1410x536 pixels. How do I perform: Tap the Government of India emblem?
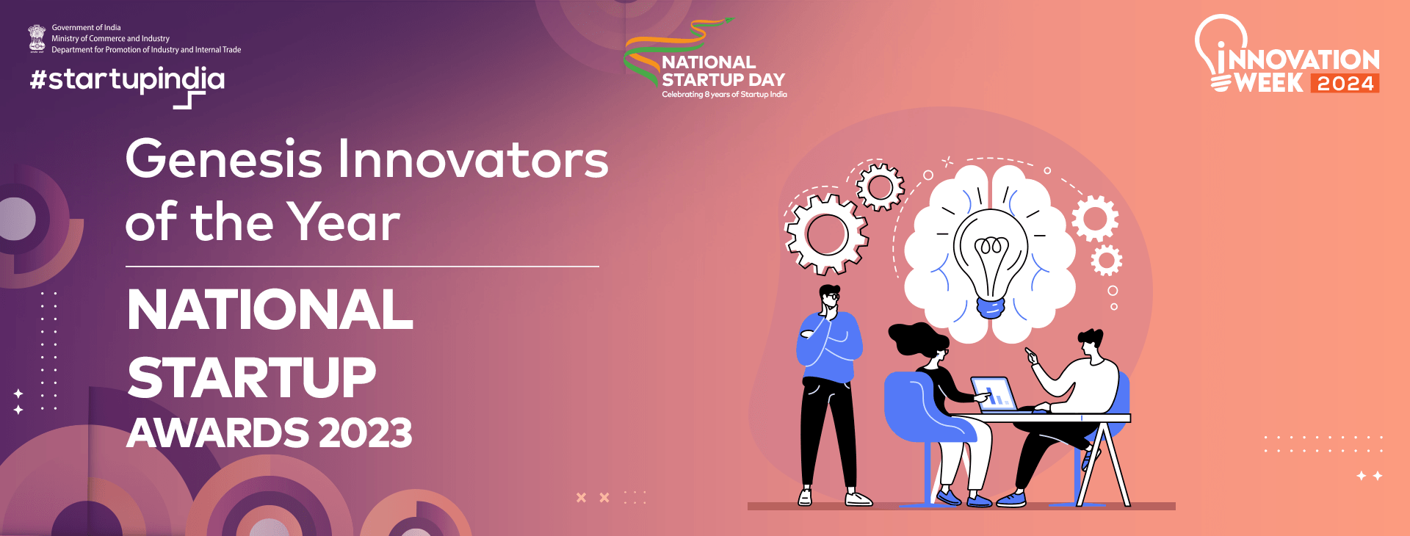click(x=37, y=38)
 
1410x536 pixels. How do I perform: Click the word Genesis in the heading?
click(x=224, y=160)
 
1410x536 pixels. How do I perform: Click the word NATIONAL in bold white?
click(x=270, y=310)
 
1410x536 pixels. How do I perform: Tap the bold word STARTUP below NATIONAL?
click(x=252, y=377)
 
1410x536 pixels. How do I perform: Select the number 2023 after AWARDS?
click(x=365, y=433)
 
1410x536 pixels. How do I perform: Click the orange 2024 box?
click(x=1345, y=83)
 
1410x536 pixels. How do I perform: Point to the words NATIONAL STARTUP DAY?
click(x=723, y=71)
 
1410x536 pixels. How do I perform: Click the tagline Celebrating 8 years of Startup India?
click(x=724, y=95)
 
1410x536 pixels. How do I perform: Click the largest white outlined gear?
click(x=826, y=233)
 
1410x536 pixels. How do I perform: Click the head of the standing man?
click(x=830, y=297)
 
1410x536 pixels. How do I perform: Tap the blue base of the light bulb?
click(x=990, y=308)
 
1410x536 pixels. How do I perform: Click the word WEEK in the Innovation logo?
click(x=1269, y=83)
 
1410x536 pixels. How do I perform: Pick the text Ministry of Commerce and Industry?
click(x=110, y=39)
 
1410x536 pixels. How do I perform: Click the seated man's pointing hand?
click(x=1032, y=355)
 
